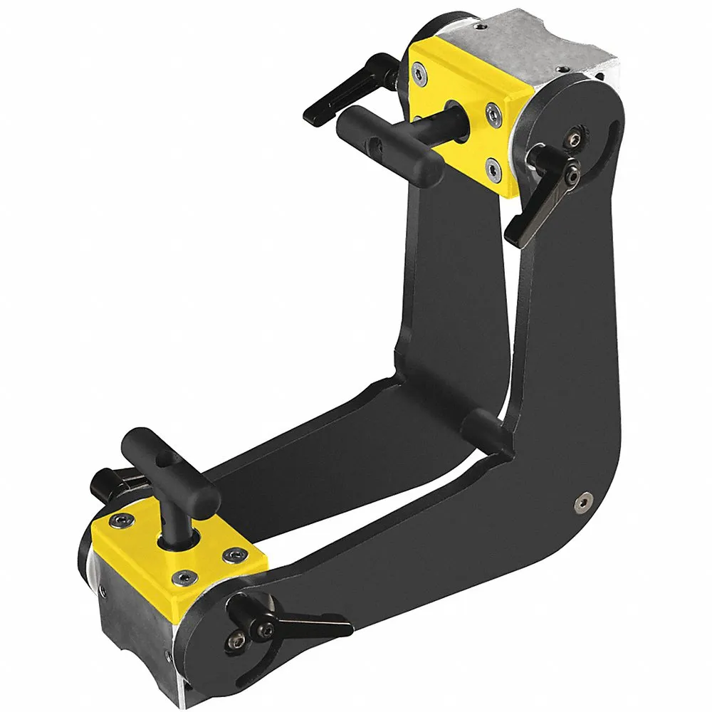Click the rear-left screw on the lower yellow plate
click(x=124, y=520)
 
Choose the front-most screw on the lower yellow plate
click(x=185, y=577)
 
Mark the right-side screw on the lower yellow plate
click(x=232, y=553)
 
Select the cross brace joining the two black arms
click(x=484, y=431)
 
